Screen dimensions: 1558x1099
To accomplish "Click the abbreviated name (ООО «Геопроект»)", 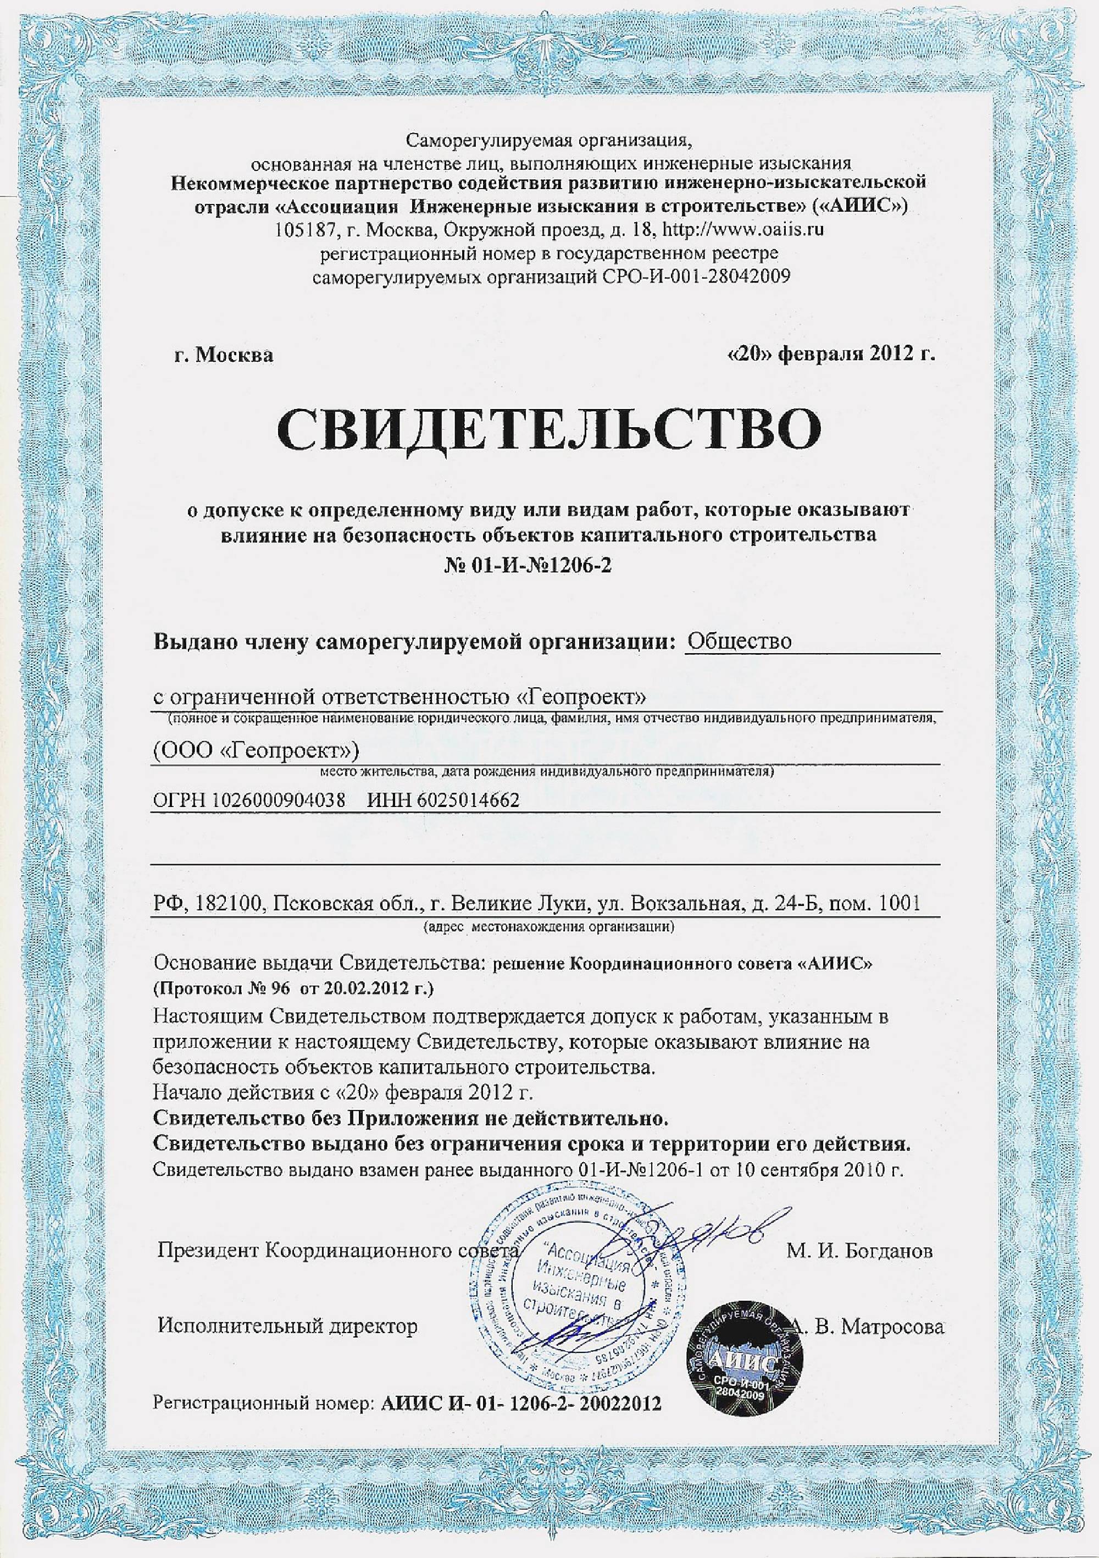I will (255, 750).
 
